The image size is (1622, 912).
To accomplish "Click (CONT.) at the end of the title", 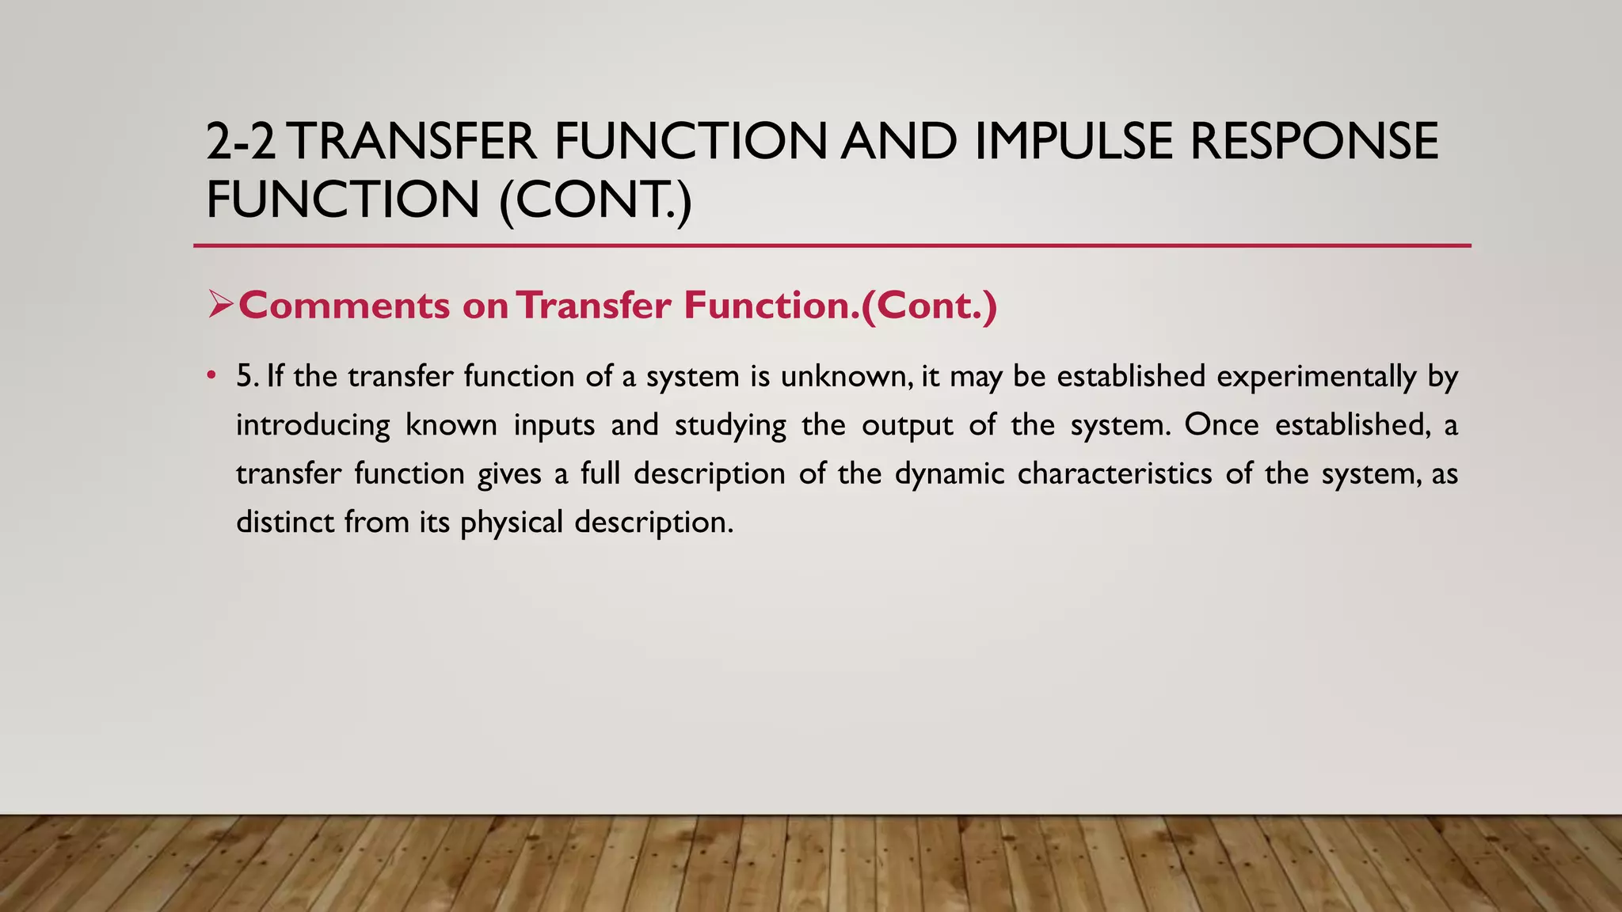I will click(596, 199).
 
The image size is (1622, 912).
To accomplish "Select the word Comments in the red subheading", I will click(345, 306).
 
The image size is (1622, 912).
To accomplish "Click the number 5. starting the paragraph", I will click(247, 376).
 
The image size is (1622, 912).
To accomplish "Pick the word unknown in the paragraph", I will click(845, 376).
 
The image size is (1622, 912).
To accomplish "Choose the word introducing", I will click(313, 426).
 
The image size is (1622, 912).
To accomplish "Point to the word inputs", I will click(554, 426).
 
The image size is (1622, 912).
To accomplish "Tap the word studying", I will click(730, 426).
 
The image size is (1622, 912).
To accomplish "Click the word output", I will click(908, 426).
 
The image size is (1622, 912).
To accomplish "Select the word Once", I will click(1221, 424).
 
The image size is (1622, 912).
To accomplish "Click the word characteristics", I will click(1114, 473).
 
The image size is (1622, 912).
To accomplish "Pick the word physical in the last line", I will click(511, 523).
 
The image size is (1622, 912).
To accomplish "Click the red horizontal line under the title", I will click(832, 246).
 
